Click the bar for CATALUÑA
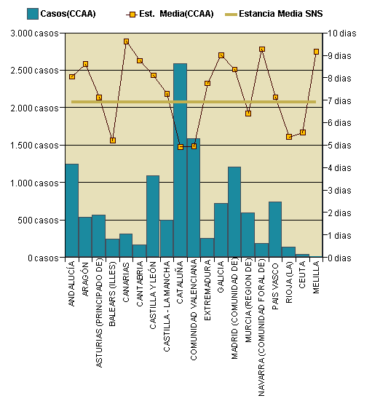(x=180, y=160)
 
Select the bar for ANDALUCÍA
(x=71, y=210)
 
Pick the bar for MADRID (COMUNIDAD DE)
(x=234, y=212)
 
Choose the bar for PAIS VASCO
(x=275, y=229)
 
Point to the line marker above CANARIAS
(x=126, y=41)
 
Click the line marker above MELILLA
(x=316, y=52)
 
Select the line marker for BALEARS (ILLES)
(x=113, y=140)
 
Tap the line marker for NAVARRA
(x=262, y=49)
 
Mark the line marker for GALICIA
(x=221, y=55)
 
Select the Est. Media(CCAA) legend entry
(x=170, y=13)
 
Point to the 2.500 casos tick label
(x=34, y=71)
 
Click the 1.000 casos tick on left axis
(x=34, y=183)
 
